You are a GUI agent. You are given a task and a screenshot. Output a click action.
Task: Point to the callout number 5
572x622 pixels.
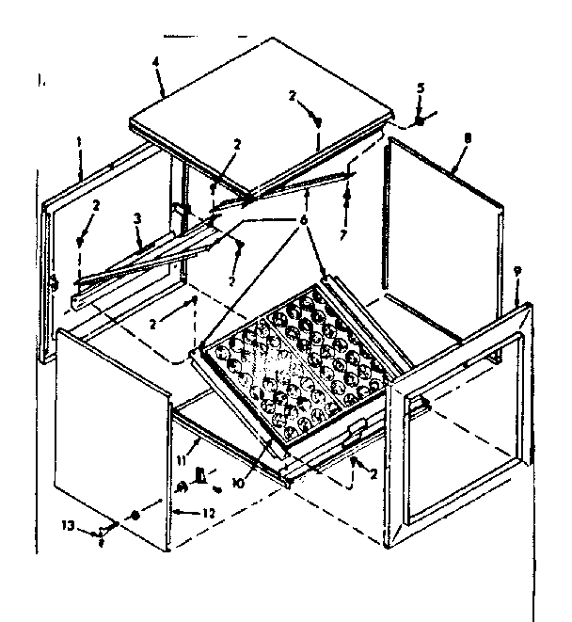click(x=420, y=89)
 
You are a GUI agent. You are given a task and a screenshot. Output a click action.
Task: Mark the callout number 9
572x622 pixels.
click(x=516, y=273)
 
